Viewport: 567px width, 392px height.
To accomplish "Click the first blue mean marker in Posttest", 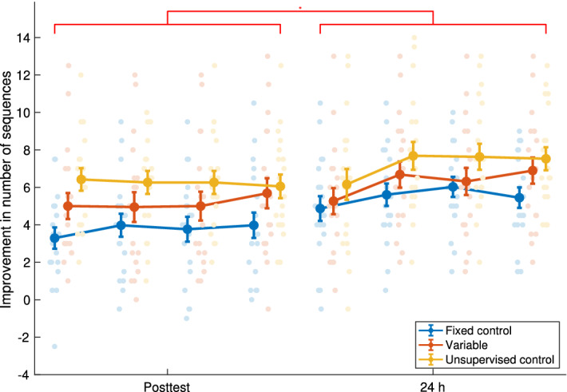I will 54,238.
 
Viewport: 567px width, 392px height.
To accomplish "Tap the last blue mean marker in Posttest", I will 253,225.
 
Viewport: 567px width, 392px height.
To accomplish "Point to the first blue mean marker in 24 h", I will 320,208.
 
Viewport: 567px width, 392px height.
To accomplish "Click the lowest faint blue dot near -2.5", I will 54,346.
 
